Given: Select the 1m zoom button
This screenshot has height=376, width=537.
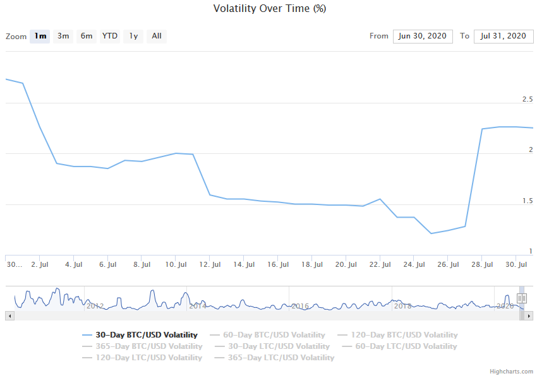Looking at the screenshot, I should tap(40, 36).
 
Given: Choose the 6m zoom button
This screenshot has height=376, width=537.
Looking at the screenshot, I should tap(87, 36).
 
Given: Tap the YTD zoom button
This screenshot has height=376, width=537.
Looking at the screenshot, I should tap(110, 36).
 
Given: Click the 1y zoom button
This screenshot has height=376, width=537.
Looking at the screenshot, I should tap(133, 36).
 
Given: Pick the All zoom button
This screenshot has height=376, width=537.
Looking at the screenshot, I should tap(157, 36).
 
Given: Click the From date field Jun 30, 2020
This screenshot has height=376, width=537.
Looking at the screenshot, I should tap(423, 36).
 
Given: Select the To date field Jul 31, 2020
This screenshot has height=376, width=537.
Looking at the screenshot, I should tap(504, 36).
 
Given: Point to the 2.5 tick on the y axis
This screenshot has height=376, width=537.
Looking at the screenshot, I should tap(527, 100).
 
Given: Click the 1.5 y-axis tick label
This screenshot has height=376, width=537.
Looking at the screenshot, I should tap(527, 201).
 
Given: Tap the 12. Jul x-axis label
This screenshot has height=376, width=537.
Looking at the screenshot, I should tap(210, 265).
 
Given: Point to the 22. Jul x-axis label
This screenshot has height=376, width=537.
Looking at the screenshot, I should tap(380, 265).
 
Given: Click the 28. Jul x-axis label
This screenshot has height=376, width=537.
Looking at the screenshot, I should tap(483, 265).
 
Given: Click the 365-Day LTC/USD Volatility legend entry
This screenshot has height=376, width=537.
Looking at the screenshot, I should tap(281, 358).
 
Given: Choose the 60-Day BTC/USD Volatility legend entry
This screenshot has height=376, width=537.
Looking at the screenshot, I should tap(274, 335).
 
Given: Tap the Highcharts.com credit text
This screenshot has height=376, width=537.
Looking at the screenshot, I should tap(512, 372).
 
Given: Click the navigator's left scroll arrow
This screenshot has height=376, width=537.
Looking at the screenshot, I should tap(9, 315).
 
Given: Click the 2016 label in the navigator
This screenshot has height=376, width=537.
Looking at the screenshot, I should tap(299, 306).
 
